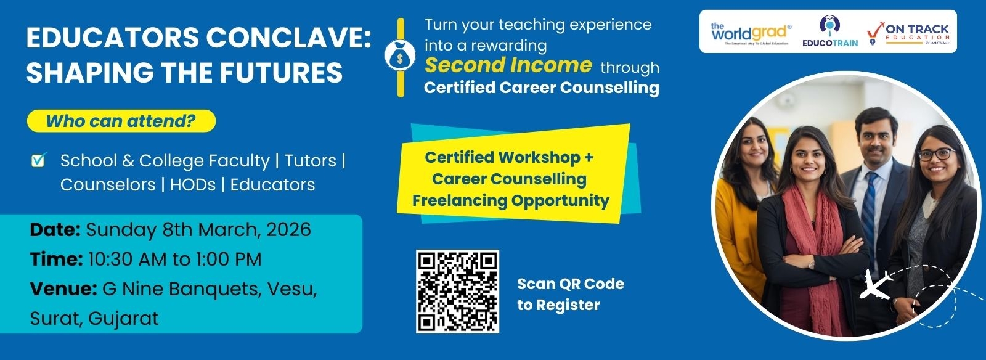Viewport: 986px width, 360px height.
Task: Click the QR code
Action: click(457, 291)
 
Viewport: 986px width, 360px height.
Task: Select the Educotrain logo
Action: click(830, 31)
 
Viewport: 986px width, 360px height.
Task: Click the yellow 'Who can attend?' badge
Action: click(121, 121)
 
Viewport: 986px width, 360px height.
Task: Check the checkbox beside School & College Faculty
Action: click(38, 160)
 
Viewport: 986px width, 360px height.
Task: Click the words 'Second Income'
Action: click(508, 65)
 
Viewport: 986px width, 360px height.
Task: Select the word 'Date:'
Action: click(55, 230)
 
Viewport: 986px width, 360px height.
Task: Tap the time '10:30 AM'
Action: click(127, 260)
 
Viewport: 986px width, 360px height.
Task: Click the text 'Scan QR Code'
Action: click(570, 284)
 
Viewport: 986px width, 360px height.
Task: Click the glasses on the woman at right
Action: click(936, 154)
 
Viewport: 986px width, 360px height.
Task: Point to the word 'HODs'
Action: click(193, 185)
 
